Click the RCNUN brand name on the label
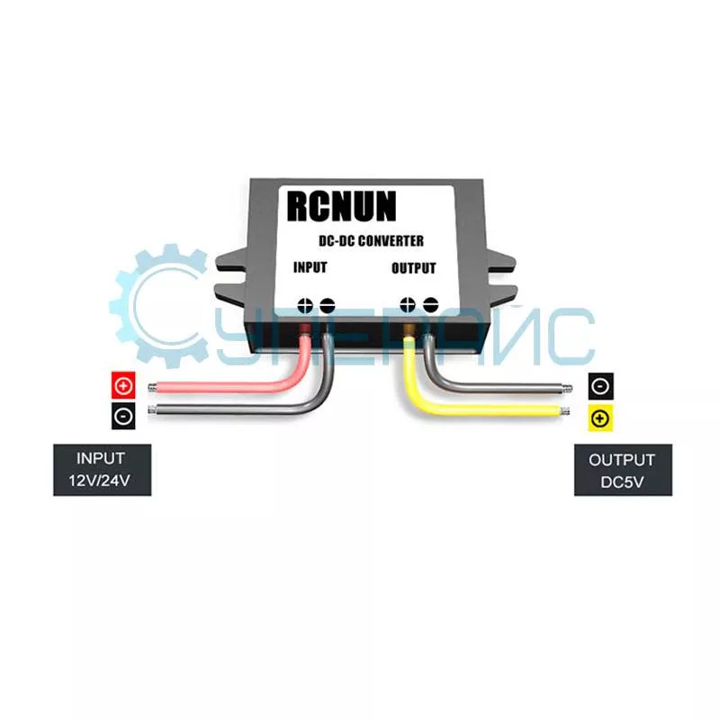coord(342,206)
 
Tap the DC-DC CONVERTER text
coord(371,240)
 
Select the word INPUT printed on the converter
coord(310,267)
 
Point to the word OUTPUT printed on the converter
coord(413,268)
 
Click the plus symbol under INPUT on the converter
coord(305,305)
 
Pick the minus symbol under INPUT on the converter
coord(327,305)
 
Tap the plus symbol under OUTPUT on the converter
coord(408,304)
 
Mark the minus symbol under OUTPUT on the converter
coord(430,304)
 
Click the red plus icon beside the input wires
coord(123,385)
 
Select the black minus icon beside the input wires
coord(123,416)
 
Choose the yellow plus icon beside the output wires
coord(600,418)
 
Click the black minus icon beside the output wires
coord(600,386)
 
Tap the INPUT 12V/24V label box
coord(102,470)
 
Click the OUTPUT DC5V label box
coord(623,470)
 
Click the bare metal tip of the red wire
coord(152,388)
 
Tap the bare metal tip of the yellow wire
coord(565,411)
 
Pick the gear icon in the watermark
coord(158,306)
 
